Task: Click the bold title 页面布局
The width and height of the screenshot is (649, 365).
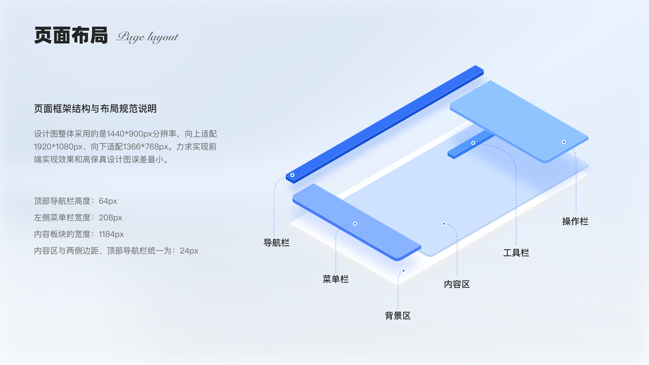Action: [71, 36]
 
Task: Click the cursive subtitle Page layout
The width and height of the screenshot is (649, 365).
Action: [148, 37]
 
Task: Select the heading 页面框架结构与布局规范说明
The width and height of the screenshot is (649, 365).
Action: [95, 109]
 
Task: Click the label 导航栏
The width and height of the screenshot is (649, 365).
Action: [276, 243]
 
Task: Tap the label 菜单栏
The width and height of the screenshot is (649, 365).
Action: [335, 279]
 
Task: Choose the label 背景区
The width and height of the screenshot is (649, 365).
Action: [398, 316]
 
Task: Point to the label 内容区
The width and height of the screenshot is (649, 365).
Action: [457, 284]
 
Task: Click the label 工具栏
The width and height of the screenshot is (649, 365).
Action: [516, 252]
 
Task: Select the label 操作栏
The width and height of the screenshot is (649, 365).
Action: [575, 221]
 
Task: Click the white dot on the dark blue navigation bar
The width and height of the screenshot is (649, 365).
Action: [292, 175]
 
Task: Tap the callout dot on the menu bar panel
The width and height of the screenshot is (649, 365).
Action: [355, 224]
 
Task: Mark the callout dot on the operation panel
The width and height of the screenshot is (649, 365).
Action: [564, 142]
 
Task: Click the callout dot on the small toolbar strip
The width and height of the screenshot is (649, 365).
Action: [473, 143]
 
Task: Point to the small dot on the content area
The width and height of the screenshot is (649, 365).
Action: [443, 224]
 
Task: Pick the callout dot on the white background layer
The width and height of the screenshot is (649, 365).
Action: [403, 271]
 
